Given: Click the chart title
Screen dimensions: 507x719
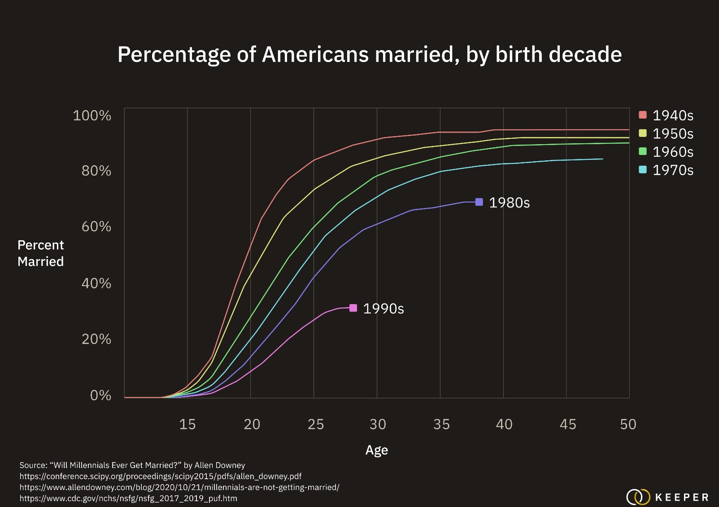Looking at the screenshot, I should (x=369, y=54).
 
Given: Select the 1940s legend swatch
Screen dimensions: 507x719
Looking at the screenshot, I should (x=643, y=115).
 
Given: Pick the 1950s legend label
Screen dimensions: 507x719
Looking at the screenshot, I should (x=672, y=134).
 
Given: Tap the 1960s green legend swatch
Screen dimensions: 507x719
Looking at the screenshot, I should (x=643, y=151).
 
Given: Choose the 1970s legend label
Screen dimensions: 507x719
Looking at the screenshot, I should (x=672, y=170).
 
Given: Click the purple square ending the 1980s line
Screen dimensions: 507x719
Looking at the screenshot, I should (x=479, y=202).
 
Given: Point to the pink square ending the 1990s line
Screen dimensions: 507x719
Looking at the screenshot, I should (x=353, y=308).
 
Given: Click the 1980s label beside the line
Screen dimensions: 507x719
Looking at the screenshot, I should (x=509, y=203).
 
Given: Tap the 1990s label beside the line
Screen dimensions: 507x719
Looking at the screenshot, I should (x=383, y=309).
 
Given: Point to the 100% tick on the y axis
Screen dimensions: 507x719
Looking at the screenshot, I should (x=92, y=115).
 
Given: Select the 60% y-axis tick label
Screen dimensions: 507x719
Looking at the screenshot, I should (x=96, y=226).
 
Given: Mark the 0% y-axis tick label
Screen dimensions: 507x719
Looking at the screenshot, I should (x=100, y=395).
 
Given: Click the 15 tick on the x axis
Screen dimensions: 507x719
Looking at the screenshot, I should (x=187, y=424).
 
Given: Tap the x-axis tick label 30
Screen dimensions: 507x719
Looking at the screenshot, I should (x=378, y=424).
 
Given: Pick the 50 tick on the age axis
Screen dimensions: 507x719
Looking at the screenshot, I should (x=628, y=424).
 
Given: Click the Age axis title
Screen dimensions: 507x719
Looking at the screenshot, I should (x=377, y=450).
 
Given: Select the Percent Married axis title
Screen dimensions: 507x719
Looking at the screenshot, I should (x=41, y=253).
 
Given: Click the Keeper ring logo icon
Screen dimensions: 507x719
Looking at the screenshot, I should (x=638, y=497).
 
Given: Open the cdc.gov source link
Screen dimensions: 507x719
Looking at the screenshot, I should (x=128, y=498).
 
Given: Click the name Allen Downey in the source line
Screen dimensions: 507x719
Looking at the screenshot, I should (x=220, y=465).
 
